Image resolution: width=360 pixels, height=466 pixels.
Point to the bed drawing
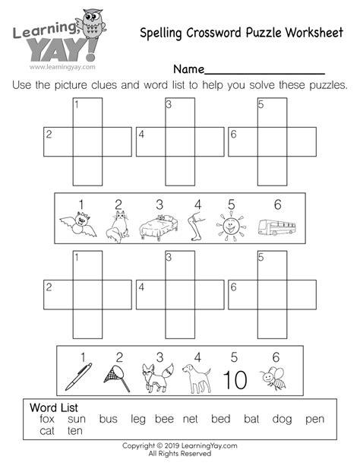159,227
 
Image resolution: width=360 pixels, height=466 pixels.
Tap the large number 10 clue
235,378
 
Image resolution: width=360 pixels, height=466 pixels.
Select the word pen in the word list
314,419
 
